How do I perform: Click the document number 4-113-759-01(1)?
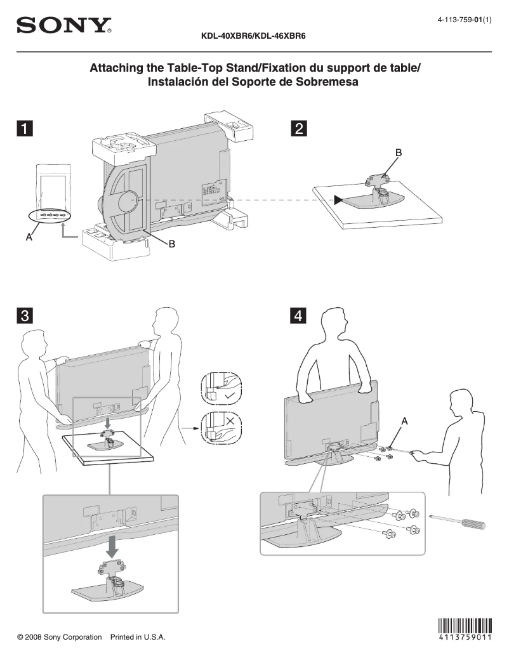(x=465, y=21)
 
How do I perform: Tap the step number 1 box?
(x=24, y=129)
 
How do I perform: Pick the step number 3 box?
(x=24, y=315)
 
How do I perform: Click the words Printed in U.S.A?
(x=138, y=637)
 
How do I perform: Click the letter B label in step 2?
(x=399, y=153)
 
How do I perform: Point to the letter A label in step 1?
(x=29, y=237)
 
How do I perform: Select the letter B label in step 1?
(x=171, y=244)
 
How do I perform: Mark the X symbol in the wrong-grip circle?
(x=230, y=420)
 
